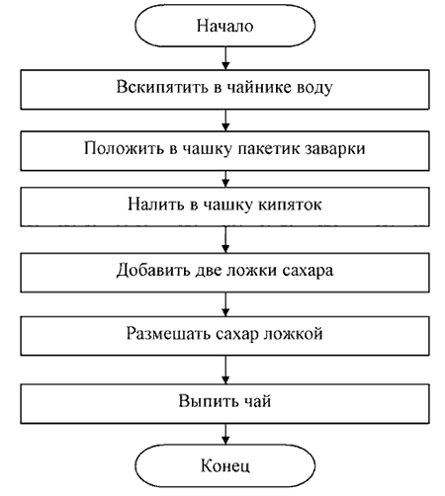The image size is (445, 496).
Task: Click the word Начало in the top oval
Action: tap(225, 26)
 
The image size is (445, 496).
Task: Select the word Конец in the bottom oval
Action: tap(225, 465)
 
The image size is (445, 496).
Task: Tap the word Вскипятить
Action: tap(161, 88)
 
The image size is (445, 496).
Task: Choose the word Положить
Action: tap(124, 148)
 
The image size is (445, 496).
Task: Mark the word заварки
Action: tap(335, 149)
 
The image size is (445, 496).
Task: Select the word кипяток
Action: tap(290, 205)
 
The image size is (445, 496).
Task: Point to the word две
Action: tap(210, 271)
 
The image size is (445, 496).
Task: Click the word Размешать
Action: tap(169, 334)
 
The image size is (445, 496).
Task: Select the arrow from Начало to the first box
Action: tap(225, 58)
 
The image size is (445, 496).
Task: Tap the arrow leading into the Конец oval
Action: tap(225, 434)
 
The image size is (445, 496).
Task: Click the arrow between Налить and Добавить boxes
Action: tap(225, 240)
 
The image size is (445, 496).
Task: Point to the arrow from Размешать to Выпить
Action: tap(225, 370)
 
